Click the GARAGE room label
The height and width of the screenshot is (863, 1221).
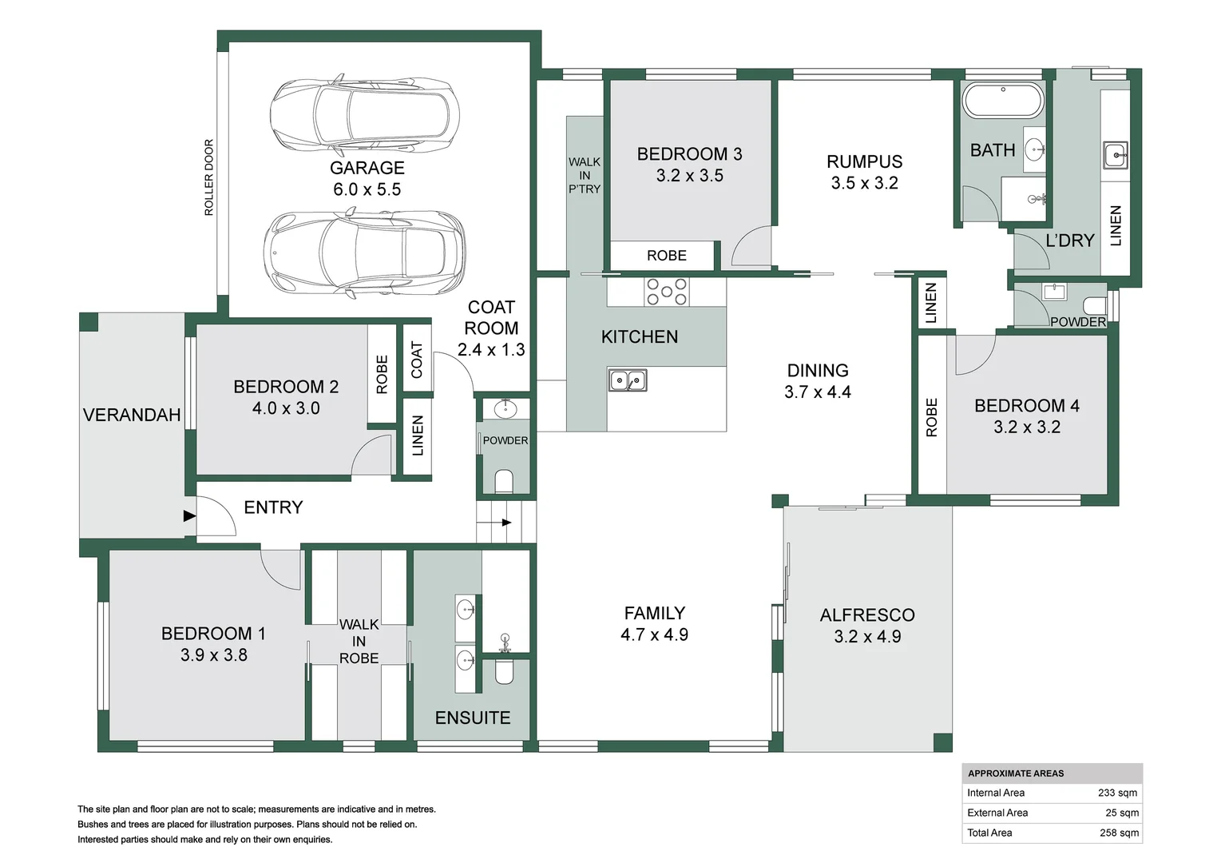coord(367,168)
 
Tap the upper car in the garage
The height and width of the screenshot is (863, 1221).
coord(365,116)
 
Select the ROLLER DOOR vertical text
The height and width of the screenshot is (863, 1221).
coord(209,177)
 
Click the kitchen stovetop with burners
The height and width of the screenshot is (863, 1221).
coord(667,292)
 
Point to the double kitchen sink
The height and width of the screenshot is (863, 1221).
coord(628,380)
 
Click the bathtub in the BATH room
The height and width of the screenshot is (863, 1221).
coord(1003,101)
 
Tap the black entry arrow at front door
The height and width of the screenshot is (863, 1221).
coord(189,516)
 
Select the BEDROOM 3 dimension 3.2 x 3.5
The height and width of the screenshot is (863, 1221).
coord(689,176)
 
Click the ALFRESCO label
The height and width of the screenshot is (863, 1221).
coord(867,615)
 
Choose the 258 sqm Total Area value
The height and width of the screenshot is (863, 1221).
coord(1119,833)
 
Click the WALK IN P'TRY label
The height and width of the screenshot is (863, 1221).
coord(585,175)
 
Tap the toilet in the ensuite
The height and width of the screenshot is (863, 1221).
coord(505,671)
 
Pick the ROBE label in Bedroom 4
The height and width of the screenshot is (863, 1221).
coord(931,417)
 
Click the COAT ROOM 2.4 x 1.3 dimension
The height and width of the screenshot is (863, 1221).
coord(491,350)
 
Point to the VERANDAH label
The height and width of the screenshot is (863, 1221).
coord(132,415)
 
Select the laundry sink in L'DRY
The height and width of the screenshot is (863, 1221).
coord(1115,155)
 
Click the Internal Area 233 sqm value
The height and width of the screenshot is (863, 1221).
coord(1117,793)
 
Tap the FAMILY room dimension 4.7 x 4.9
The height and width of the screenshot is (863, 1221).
coord(654,635)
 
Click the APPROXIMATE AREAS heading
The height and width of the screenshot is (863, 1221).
coord(1016,774)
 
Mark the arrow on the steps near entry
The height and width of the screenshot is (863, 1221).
coord(506,523)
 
